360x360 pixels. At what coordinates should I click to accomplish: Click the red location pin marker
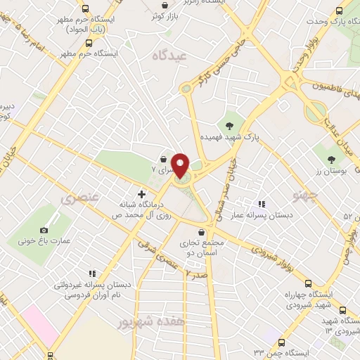coord(181,165)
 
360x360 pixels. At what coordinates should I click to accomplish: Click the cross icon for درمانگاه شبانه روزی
coord(141,194)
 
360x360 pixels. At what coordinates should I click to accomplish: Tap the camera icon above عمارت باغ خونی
coord(44,230)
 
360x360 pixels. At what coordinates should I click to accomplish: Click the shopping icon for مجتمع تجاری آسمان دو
coord(202,231)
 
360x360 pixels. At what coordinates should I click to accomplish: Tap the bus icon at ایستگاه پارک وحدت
coord(339,11)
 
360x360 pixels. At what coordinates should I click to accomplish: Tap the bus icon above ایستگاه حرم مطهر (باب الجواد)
coord(85,9)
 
